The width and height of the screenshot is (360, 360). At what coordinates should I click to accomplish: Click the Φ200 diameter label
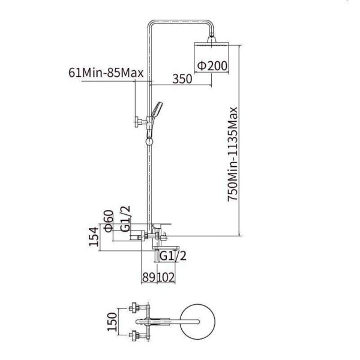212,65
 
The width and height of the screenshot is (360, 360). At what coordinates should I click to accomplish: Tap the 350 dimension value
182,79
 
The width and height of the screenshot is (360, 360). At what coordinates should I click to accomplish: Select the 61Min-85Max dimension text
106,73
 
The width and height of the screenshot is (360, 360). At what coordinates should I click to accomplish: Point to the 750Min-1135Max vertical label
232,154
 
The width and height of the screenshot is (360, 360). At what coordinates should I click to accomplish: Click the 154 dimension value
94,236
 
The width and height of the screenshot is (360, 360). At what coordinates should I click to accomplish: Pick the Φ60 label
109,221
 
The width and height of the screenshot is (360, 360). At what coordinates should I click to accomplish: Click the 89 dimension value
149,277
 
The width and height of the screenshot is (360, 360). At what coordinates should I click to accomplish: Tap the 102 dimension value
166,277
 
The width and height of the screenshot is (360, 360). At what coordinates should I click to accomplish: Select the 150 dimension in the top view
112,322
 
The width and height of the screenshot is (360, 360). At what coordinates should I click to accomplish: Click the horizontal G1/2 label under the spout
173,256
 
